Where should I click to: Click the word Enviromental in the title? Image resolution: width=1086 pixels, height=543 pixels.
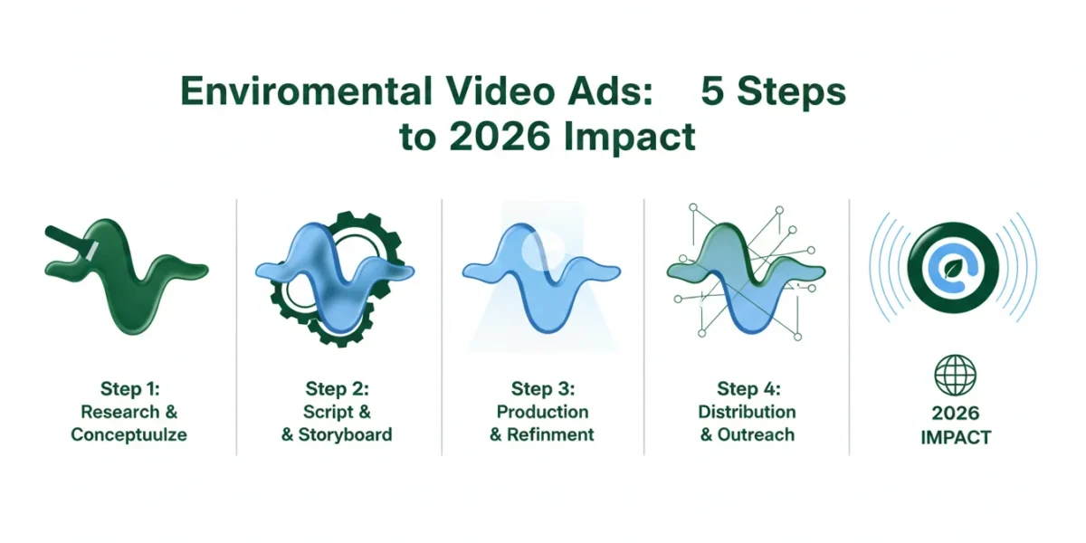306,91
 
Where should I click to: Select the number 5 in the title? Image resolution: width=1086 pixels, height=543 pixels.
712,91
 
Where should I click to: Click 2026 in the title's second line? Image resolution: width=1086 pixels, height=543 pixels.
500,137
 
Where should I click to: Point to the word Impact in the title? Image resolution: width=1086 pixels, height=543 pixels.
630,138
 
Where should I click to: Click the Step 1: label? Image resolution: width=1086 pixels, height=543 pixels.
130,388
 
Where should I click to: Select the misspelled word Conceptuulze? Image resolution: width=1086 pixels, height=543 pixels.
129,435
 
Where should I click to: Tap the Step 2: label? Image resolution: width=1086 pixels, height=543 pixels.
337,388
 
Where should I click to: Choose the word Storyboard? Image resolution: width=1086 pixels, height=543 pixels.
345,434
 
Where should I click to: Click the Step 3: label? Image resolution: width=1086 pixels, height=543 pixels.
543,388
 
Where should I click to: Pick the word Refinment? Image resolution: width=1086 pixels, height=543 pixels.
550,434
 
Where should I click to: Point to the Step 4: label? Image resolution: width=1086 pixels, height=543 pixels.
749,388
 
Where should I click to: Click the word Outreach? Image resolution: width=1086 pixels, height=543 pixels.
756,434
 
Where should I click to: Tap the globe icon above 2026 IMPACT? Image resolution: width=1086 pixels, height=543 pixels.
955,376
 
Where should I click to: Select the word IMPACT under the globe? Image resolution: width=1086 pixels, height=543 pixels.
956,437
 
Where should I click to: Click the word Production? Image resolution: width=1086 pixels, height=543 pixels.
542,412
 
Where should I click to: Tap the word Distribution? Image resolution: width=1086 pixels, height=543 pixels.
748,412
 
